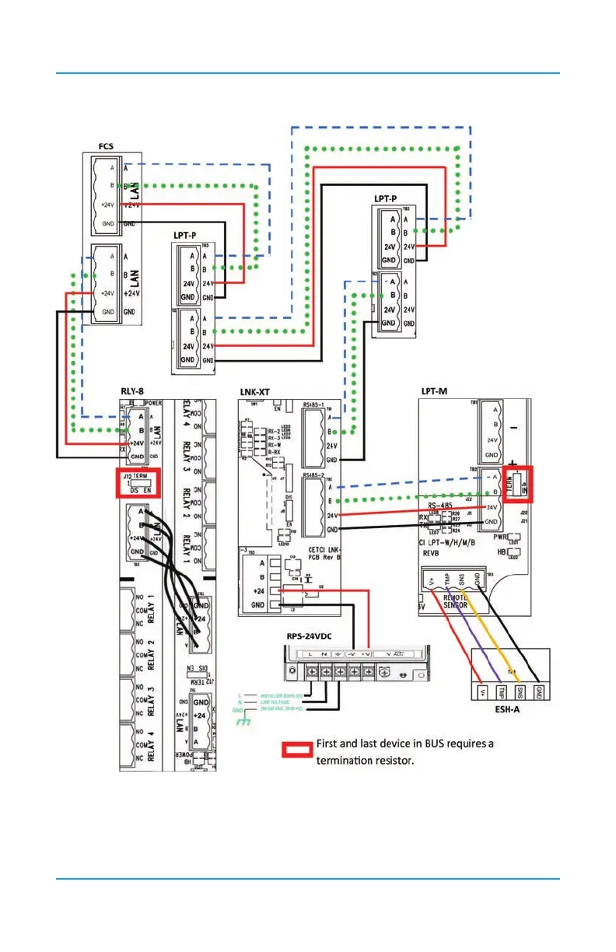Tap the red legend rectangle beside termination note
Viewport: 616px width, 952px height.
297,751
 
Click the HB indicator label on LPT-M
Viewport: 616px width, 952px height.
500,552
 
